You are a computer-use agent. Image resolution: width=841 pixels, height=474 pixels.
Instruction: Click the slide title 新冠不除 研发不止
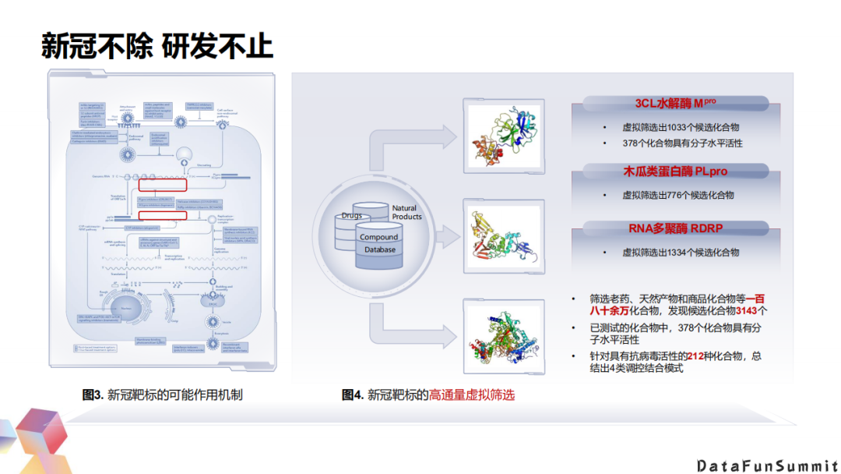(157, 46)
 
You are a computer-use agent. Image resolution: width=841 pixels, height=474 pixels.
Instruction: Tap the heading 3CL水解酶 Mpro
(675, 103)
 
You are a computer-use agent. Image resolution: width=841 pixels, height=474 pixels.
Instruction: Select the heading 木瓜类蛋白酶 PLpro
(675, 171)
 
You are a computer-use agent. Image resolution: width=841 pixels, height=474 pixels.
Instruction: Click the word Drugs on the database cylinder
(352, 216)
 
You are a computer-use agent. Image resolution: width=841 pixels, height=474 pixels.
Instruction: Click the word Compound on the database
(379, 237)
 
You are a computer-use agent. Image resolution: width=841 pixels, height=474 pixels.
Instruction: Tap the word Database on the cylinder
(379, 250)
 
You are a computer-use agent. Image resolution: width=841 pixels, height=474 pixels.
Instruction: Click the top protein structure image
(503, 133)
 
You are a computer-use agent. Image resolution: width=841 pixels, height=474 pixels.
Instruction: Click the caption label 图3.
(93, 395)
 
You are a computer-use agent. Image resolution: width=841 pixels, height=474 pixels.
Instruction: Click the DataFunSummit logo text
(766, 465)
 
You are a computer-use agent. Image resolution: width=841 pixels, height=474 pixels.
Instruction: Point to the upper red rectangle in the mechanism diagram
(163, 186)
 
